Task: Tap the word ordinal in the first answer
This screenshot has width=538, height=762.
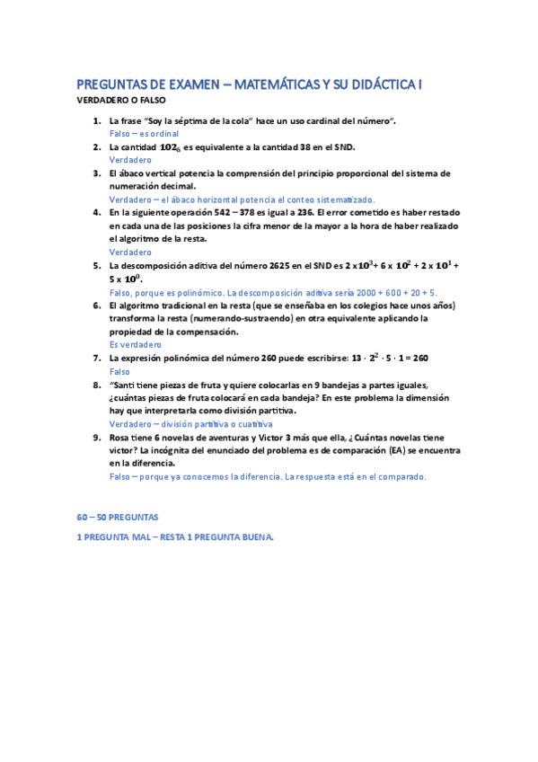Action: tap(164, 133)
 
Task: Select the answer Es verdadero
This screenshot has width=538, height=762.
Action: tap(136, 345)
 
